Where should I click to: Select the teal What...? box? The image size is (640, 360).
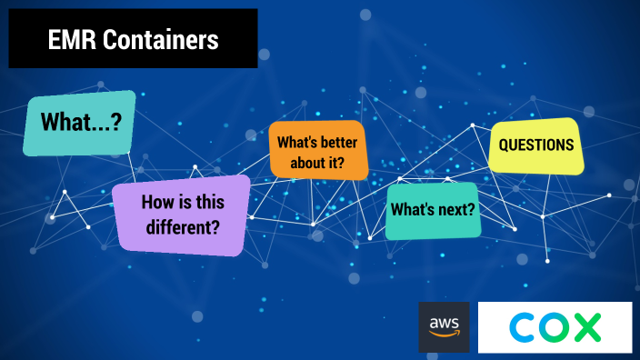(x=79, y=123)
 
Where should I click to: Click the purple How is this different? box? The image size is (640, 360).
(x=180, y=214)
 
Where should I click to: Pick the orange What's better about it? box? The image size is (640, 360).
(x=317, y=152)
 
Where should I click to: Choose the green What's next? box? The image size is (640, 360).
(x=432, y=210)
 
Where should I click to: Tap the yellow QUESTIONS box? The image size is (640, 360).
(x=535, y=145)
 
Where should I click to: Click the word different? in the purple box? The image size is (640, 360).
(x=180, y=225)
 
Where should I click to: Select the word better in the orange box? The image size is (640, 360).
(x=339, y=143)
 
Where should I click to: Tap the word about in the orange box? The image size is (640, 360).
(x=305, y=163)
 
